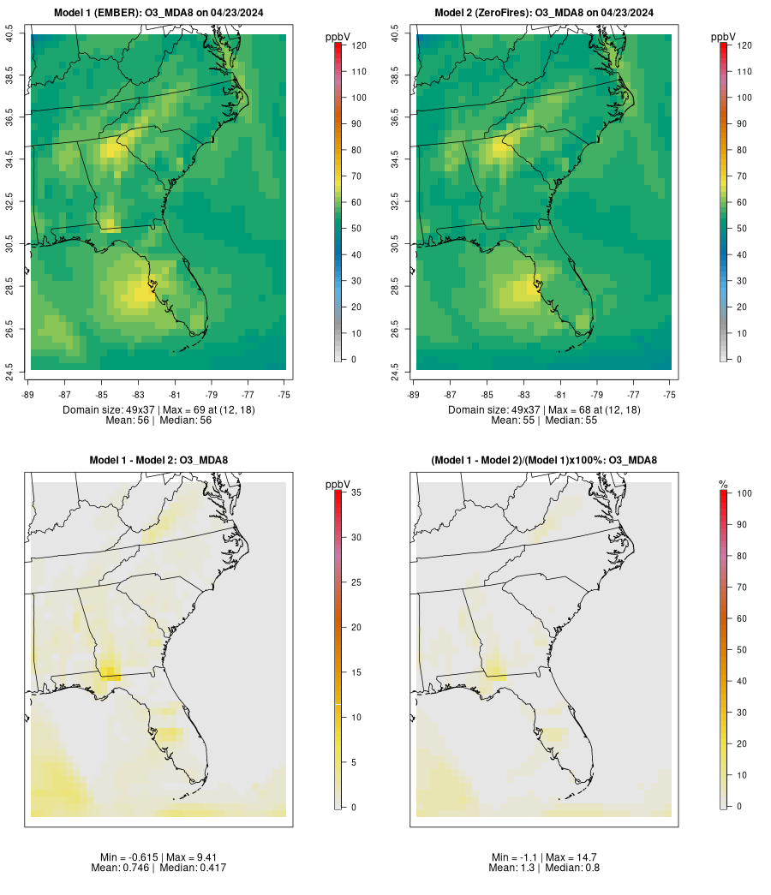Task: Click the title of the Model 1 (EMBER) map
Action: [158, 12]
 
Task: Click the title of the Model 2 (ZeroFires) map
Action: [544, 12]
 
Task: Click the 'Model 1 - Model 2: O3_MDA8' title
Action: [158, 460]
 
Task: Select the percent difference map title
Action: [544, 460]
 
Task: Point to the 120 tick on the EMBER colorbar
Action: [357, 45]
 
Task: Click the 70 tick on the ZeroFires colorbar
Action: [743, 176]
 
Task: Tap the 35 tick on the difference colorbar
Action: [357, 492]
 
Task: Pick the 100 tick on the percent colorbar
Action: [743, 493]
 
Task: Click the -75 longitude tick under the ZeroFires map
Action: [670, 394]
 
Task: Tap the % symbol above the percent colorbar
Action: [723, 485]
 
